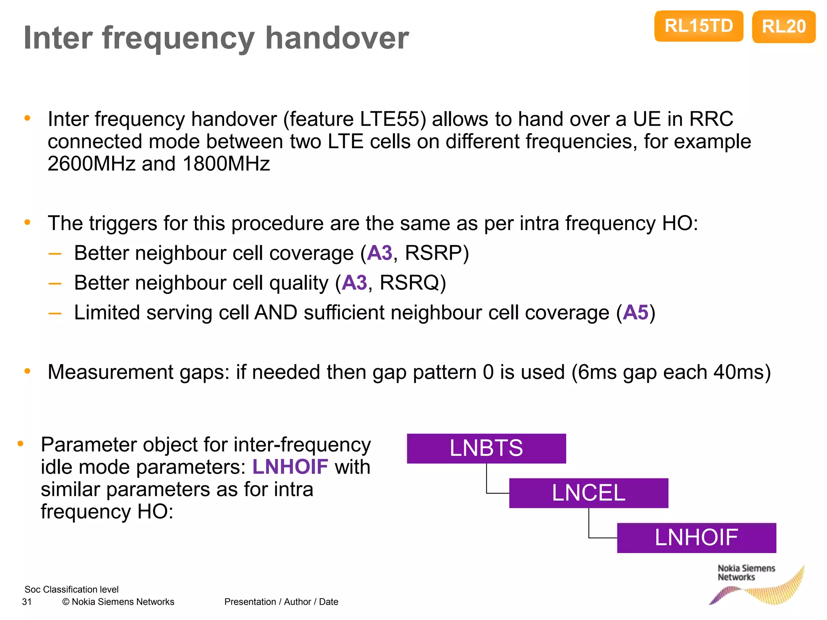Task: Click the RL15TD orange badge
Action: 699,26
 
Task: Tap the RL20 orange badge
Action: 783,27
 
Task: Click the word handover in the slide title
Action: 337,38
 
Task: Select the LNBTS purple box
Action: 486,448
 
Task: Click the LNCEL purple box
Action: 588,493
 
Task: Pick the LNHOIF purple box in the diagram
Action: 696,538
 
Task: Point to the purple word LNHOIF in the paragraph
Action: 290,467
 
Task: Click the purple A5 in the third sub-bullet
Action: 635,313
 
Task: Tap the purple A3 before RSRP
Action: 380,253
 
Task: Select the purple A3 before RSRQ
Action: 354,283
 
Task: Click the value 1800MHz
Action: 226,164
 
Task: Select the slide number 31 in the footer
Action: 27,602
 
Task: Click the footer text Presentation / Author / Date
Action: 281,602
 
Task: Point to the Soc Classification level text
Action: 71,589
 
